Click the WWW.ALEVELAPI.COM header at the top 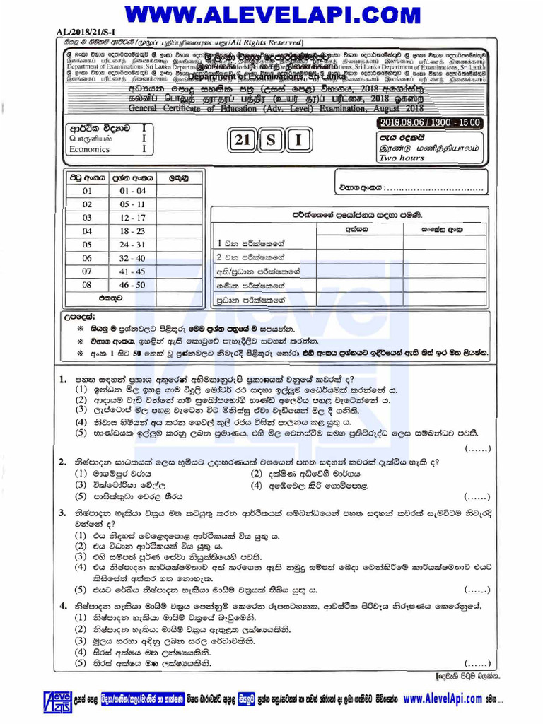(271, 13)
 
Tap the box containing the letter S (271, 141)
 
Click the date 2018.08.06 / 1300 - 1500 (430, 123)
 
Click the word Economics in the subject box (89, 150)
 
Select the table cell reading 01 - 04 (132, 191)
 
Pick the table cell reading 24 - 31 (132, 245)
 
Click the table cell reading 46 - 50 (132, 285)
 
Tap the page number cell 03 (87, 218)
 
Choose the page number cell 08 (87, 285)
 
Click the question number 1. (63, 380)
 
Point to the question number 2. (63, 462)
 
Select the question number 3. (63, 513)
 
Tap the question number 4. (63, 606)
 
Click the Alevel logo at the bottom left (57, 700)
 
